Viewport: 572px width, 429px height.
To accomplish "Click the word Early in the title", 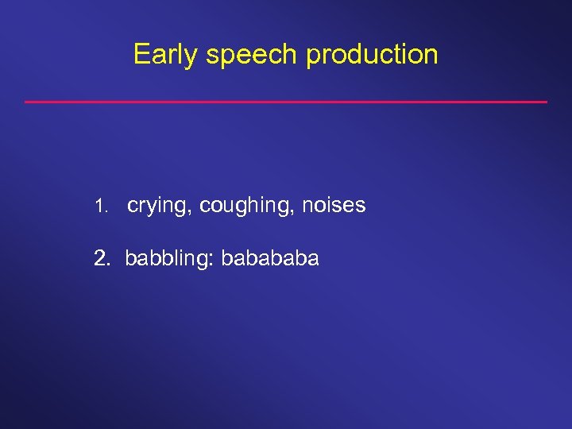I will pos(164,55).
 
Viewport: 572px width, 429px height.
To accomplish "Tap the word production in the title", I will pos(372,55).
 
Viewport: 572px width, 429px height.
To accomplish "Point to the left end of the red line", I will pos(26,102).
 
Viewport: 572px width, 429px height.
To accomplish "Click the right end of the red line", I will pos(547,102).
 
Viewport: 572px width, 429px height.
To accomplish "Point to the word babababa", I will pos(270,258).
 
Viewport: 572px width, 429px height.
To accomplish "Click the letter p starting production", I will pos(312,57).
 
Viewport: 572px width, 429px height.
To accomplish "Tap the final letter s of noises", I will pos(361,207).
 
